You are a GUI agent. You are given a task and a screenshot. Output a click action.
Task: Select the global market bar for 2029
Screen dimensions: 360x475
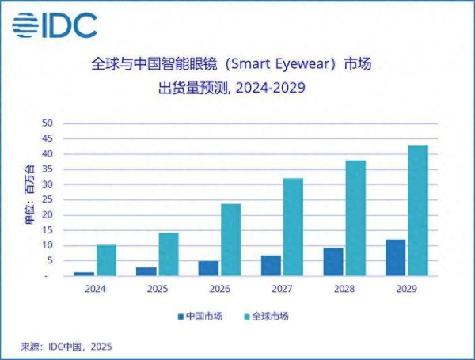click(x=417, y=210)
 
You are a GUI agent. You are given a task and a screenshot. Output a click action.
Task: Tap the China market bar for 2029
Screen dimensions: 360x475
click(x=395, y=258)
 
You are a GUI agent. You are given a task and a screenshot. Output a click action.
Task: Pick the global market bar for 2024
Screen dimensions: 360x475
click(x=106, y=260)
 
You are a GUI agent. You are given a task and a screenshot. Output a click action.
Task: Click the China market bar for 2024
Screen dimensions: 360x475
click(x=84, y=274)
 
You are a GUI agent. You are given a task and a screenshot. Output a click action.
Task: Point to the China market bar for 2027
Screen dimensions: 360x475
click(x=271, y=266)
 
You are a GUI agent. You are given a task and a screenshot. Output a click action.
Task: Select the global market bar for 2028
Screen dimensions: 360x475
click(x=355, y=218)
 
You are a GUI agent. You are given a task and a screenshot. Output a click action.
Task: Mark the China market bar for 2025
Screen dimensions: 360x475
click(x=146, y=271)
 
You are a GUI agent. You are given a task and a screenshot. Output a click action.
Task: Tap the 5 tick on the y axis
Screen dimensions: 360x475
click(x=49, y=261)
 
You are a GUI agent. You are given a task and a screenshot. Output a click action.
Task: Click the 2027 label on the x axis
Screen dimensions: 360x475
click(x=282, y=290)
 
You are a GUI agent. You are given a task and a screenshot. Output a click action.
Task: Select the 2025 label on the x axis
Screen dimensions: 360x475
click(x=158, y=290)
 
